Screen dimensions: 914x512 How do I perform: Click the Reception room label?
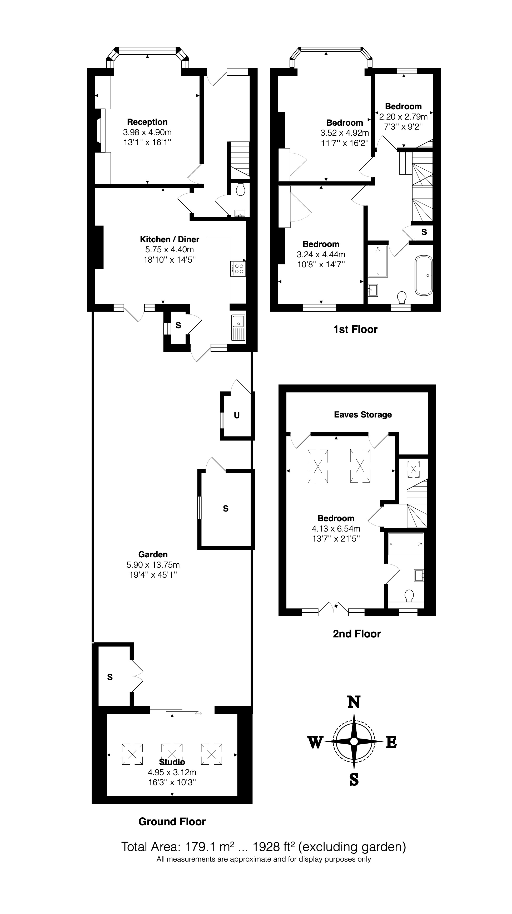[x=147, y=122]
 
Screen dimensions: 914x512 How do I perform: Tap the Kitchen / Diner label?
[x=170, y=239]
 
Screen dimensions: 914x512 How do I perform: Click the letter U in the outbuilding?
[x=236, y=415]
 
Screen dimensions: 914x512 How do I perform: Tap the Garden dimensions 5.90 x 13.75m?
[x=153, y=564]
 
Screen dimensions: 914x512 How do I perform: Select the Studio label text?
[x=172, y=762]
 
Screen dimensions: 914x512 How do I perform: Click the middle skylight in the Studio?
[x=172, y=754]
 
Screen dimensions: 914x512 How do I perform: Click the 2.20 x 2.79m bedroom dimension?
[x=403, y=116]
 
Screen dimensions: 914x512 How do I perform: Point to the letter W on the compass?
[x=315, y=742]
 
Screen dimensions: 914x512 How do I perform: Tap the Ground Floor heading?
[x=172, y=822]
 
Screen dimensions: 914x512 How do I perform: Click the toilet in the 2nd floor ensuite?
[x=409, y=596]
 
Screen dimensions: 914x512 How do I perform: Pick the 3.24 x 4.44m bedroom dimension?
[x=321, y=254]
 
